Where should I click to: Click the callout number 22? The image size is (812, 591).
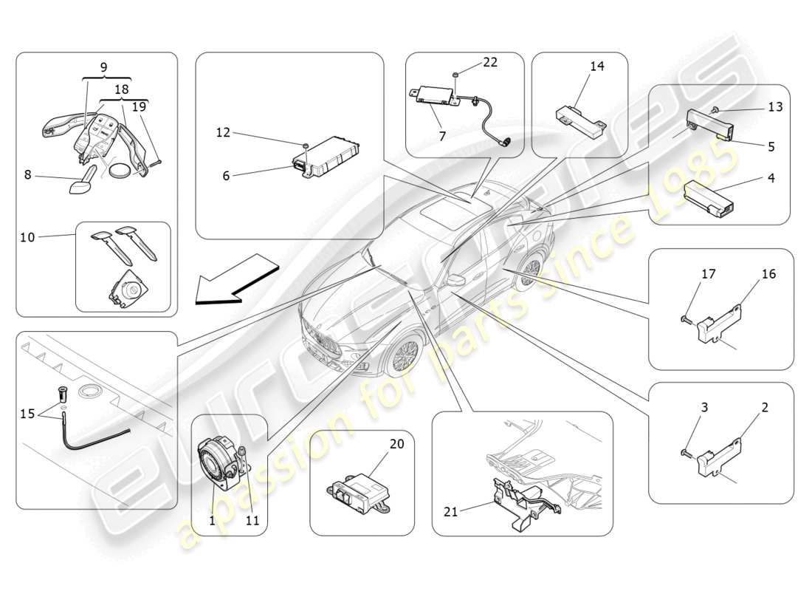[x=491, y=63]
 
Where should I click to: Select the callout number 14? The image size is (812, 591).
[x=596, y=66]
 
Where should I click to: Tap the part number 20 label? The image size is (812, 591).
[x=397, y=443]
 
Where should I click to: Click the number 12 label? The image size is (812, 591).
[x=223, y=133]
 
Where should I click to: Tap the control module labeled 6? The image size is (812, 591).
[x=325, y=157]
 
